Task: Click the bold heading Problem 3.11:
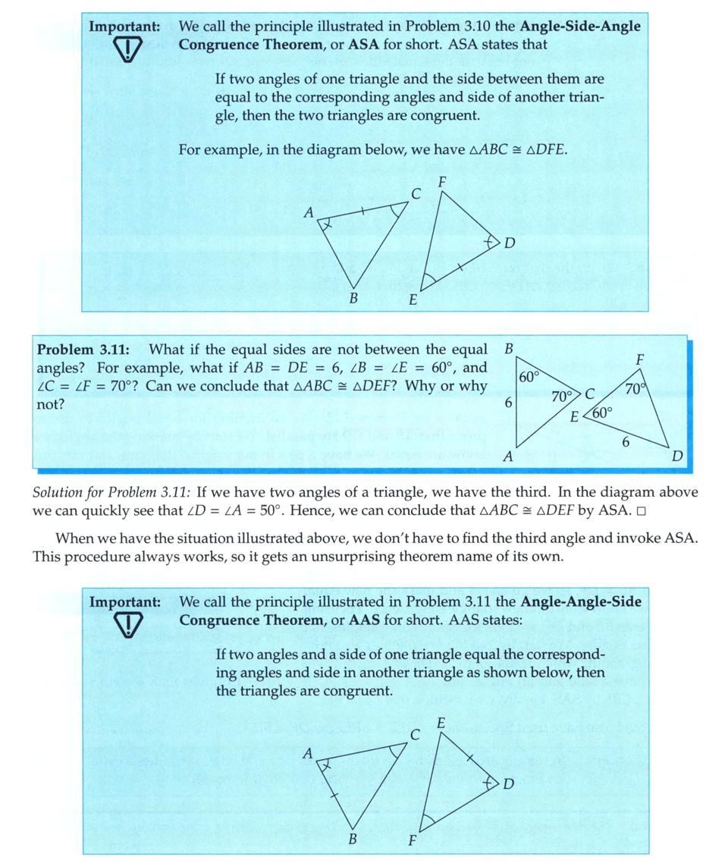pyautogui.click(x=83, y=350)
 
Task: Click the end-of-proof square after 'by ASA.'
pyautogui.click(x=641, y=511)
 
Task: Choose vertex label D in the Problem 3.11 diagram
pyautogui.click(x=677, y=456)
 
